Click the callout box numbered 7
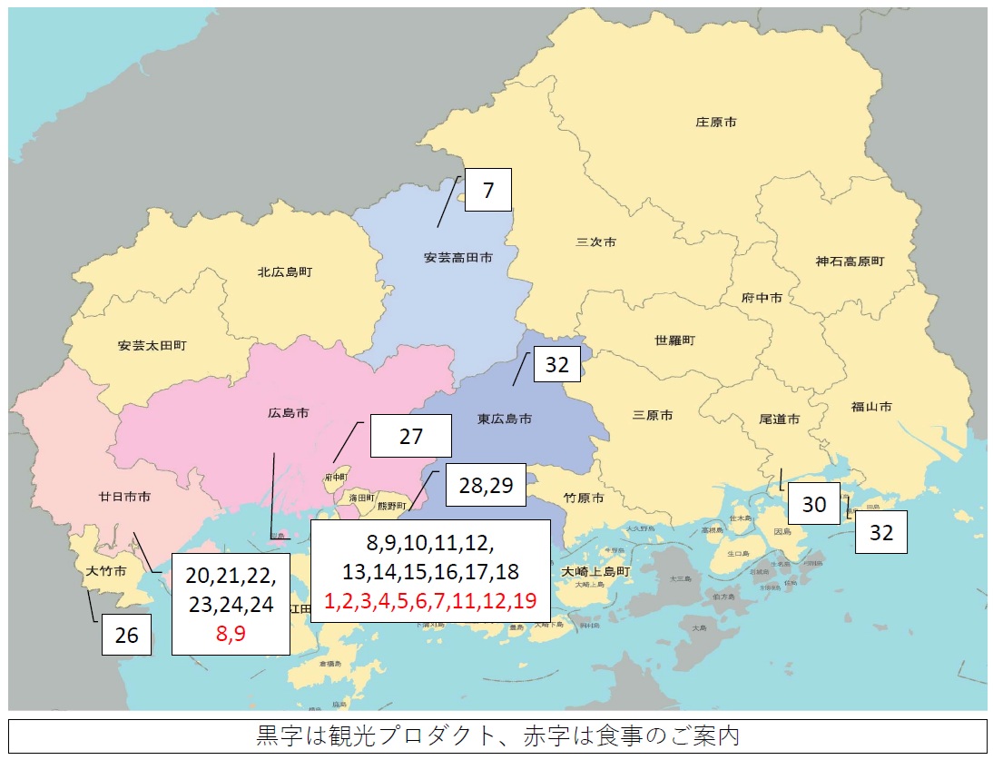tap(487, 190)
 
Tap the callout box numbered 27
tap(410, 436)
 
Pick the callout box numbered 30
tap(813, 503)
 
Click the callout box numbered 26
tap(126, 635)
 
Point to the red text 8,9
tap(231, 634)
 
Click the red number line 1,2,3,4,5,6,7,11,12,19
tap(430, 600)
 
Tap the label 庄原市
tap(715, 121)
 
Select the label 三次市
tap(596, 242)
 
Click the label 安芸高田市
tap(457, 258)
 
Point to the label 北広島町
tap(285, 271)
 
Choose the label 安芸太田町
tap(152, 346)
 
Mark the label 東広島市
tap(505, 419)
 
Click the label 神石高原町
tap(850, 262)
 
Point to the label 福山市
tap(872, 406)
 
